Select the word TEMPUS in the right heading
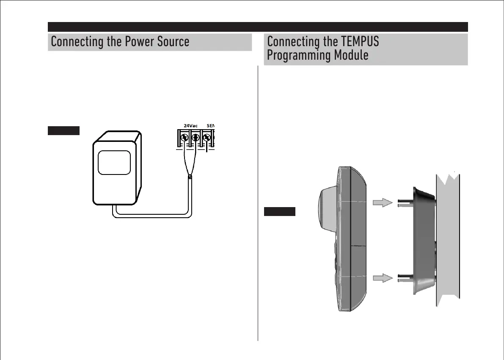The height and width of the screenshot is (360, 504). [x=360, y=42]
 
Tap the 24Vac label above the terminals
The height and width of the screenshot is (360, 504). [x=190, y=126]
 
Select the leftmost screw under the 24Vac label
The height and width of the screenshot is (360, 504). [x=185, y=138]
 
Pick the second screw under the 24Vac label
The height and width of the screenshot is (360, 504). [x=196, y=138]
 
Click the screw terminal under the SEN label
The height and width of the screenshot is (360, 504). [x=207, y=138]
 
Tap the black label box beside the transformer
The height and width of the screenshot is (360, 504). [x=63, y=130]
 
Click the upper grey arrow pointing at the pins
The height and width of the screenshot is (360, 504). [x=383, y=203]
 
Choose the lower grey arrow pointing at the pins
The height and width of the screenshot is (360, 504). [x=383, y=278]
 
